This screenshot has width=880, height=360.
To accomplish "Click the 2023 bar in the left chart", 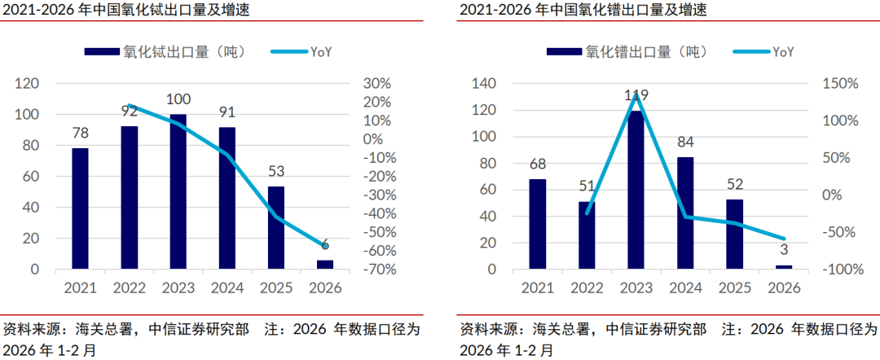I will (178, 191).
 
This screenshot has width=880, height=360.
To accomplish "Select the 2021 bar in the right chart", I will (537, 224).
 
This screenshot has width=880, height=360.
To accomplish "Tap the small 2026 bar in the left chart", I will (324, 265).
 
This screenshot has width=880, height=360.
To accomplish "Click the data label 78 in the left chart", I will (80, 133).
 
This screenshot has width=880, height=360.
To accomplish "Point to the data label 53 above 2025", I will (275, 171).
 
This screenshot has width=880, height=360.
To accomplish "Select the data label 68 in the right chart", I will (537, 164).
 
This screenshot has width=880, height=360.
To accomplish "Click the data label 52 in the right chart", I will (735, 184).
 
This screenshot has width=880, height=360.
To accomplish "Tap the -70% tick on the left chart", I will (377, 270).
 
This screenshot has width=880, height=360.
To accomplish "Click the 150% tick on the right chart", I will (839, 84).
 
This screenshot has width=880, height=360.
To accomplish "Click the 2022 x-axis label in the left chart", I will (129, 288).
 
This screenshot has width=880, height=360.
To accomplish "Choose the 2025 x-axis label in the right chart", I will (735, 288).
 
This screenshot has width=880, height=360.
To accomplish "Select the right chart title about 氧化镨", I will (583, 11).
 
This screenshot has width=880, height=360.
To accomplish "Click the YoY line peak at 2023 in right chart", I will (636, 94).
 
